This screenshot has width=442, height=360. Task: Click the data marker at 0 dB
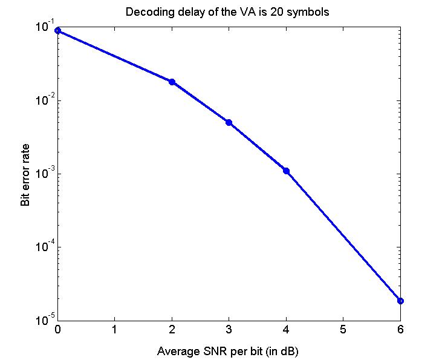coord(58,30)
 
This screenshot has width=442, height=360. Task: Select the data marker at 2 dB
coord(172,82)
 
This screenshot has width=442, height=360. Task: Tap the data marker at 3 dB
coord(229,122)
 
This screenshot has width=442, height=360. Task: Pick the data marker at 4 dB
coord(286,171)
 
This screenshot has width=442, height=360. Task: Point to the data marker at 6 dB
coord(400,301)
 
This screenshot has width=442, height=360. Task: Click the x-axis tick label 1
coord(114,330)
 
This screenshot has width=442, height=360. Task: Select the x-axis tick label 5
coord(343,330)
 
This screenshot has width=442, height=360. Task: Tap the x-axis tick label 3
coord(229,330)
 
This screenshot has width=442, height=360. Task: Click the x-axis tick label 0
coord(57,330)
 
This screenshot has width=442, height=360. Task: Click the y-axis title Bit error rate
coord(25,175)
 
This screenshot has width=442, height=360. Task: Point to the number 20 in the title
coord(275,12)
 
